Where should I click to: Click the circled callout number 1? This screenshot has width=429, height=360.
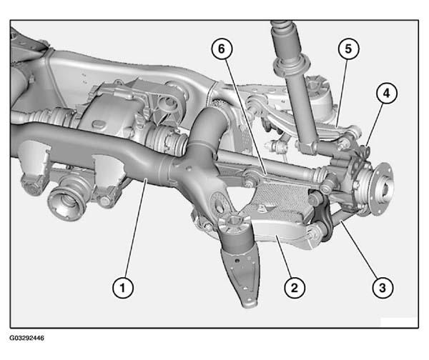click(x=123, y=288)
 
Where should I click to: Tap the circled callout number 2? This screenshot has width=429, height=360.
click(x=295, y=288)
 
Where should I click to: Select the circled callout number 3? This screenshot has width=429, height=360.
click(x=383, y=288)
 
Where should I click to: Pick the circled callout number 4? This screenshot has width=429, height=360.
click(x=386, y=94)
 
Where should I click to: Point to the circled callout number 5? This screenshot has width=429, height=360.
click(x=348, y=49)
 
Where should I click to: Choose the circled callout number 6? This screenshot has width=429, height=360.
click(x=222, y=49)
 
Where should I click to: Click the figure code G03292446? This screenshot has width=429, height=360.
click(x=27, y=338)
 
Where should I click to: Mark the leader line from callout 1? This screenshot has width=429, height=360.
click(x=136, y=229)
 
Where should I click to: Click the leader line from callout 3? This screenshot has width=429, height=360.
click(x=359, y=249)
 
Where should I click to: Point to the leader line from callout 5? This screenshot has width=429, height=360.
click(x=342, y=92)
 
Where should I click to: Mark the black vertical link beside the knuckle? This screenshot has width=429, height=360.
click(x=324, y=216)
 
